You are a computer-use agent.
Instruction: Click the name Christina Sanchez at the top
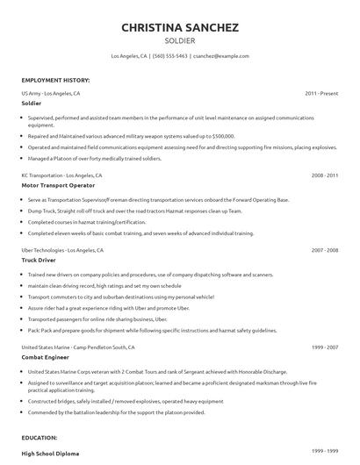coord(179,27)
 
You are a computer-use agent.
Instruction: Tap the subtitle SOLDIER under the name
coord(179,40)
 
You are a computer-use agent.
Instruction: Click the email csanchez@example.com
coord(221,56)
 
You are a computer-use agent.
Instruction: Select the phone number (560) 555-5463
coord(169,56)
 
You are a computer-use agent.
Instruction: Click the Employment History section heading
coord(55,80)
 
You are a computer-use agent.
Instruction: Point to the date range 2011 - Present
coord(321,92)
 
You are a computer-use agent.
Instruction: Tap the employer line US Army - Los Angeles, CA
coord(51,92)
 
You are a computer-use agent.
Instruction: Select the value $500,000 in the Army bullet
coord(222,136)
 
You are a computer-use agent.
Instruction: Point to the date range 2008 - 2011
coord(324,175)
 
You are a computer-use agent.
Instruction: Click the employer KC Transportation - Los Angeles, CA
coord(61,175)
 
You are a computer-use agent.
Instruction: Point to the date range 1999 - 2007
coord(324,347)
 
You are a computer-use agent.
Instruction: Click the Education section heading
coord(40,436)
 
